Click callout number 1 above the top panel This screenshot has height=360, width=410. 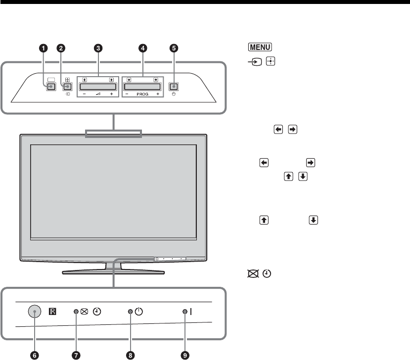(44, 48)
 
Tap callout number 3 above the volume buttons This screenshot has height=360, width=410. (98, 48)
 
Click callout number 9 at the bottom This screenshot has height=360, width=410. (185, 355)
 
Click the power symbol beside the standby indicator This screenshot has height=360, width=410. (138, 312)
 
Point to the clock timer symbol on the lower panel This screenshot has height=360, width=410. (97, 312)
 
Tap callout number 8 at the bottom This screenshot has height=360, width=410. (130, 355)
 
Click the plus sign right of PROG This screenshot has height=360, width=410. (157, 93)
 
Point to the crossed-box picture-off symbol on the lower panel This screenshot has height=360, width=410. (85, 312)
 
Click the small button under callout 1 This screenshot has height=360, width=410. (50, 87)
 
